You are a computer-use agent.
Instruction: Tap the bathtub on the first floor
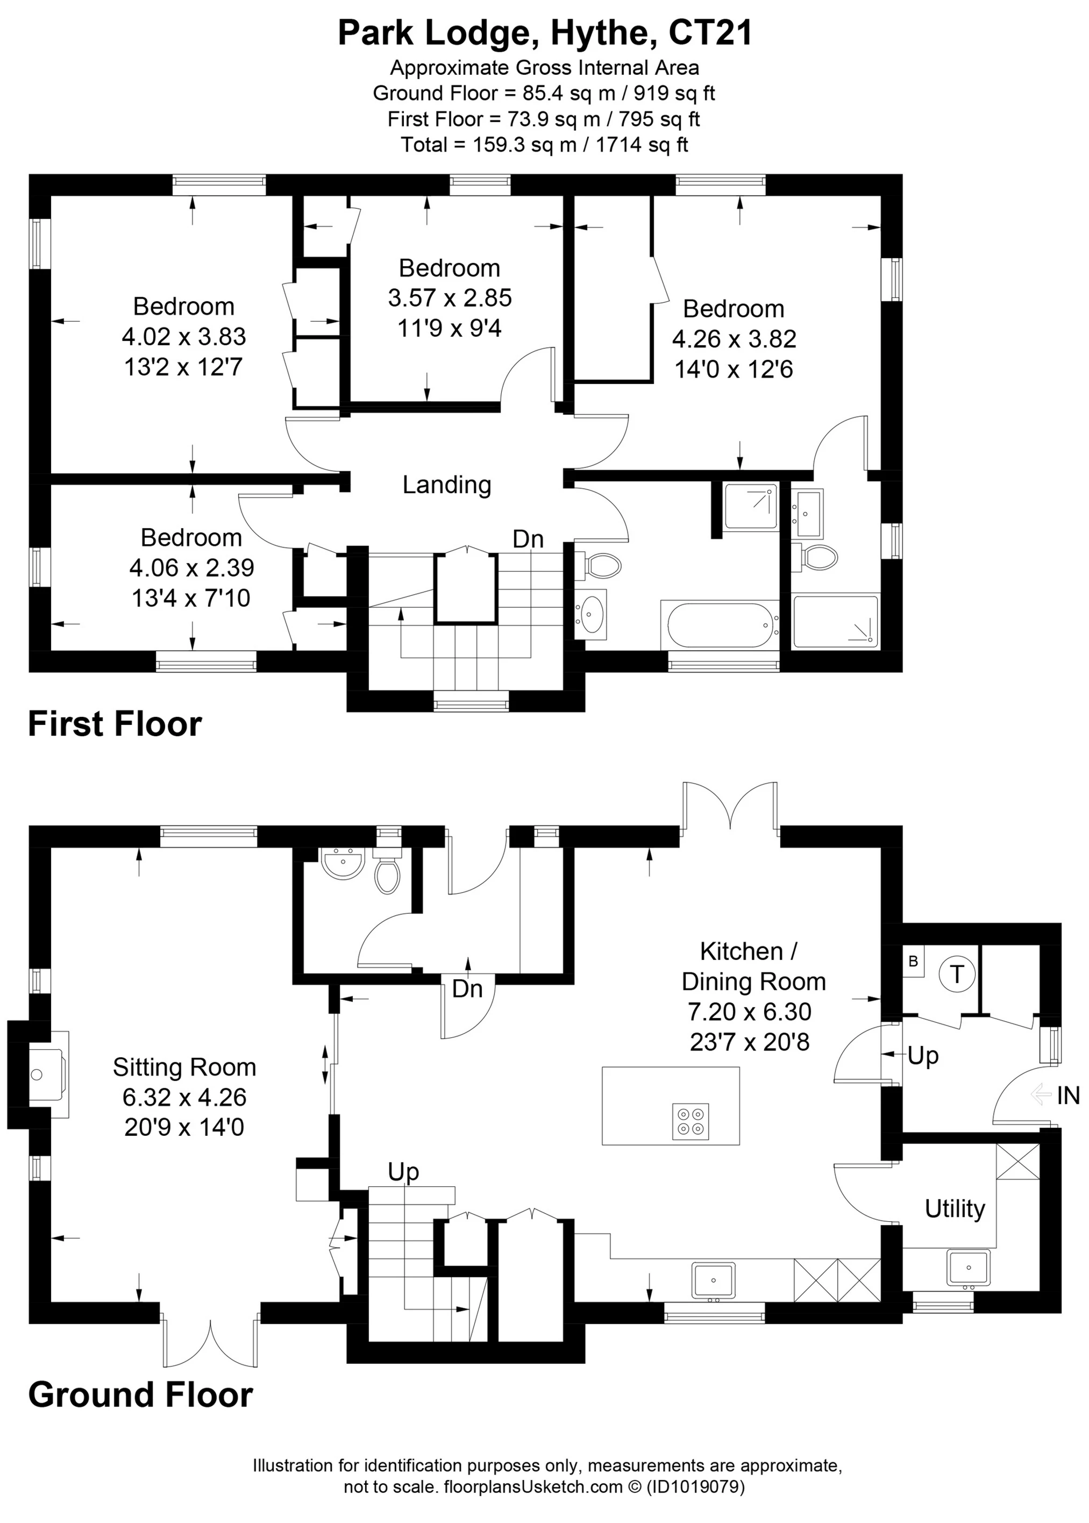(720, 625)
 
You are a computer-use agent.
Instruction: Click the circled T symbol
(957, 974)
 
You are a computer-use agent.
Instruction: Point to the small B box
(913, 962)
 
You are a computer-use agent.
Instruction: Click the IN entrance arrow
(1041, 1095)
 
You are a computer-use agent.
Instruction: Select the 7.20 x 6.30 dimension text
(750, 1012)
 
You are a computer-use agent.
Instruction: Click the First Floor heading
(115, 724)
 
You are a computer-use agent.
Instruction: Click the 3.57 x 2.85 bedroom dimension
(450, 298)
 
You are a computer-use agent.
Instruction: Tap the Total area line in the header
(544, 144)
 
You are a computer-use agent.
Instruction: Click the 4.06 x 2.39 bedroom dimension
(192, 568)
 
